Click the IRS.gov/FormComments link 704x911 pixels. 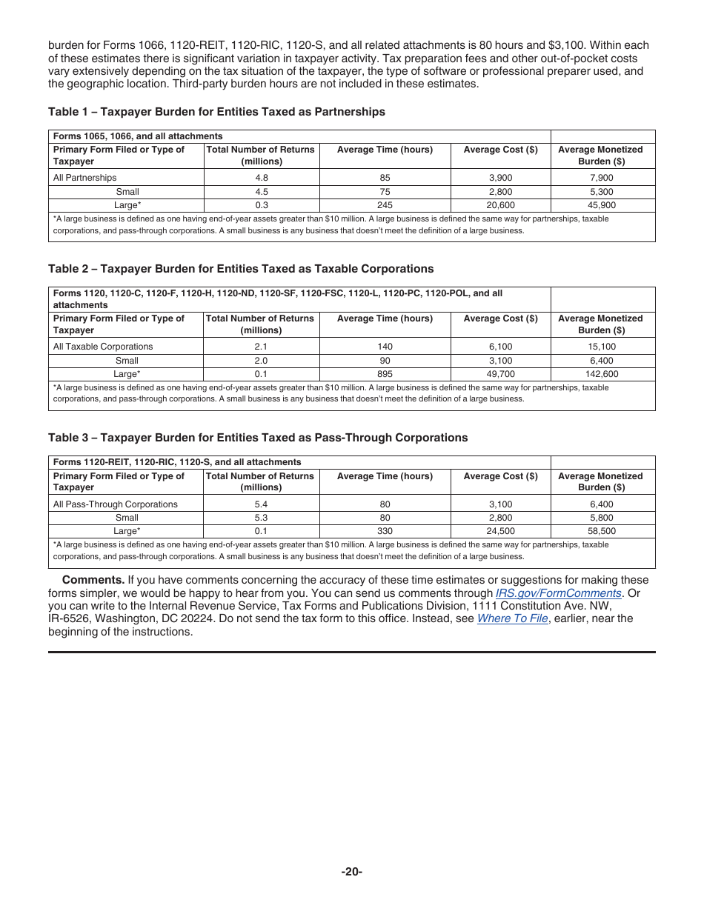(558, 593)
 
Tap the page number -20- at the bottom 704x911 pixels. (352, 872)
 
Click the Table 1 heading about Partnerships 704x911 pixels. (216, 112)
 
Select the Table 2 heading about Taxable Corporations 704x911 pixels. (241, 269)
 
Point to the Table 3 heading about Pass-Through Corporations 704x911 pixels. (258, 438)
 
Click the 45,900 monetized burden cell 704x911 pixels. (602, 205)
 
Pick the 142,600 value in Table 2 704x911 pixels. (602, 374)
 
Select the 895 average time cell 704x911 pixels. (385, 374)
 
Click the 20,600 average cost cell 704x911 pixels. (500, 205)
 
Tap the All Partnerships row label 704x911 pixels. (84, 178)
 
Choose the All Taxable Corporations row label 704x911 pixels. (103, 347)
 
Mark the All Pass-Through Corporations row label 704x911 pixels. (115, 504)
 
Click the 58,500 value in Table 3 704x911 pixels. (602, 531)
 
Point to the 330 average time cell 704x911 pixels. (385, 531)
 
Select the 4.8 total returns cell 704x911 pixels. (261, 178)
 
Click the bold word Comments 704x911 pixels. (93, 580)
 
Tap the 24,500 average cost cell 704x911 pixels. (500, 531)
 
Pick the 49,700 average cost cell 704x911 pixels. (500, 374)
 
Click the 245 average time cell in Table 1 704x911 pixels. (385, 205)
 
